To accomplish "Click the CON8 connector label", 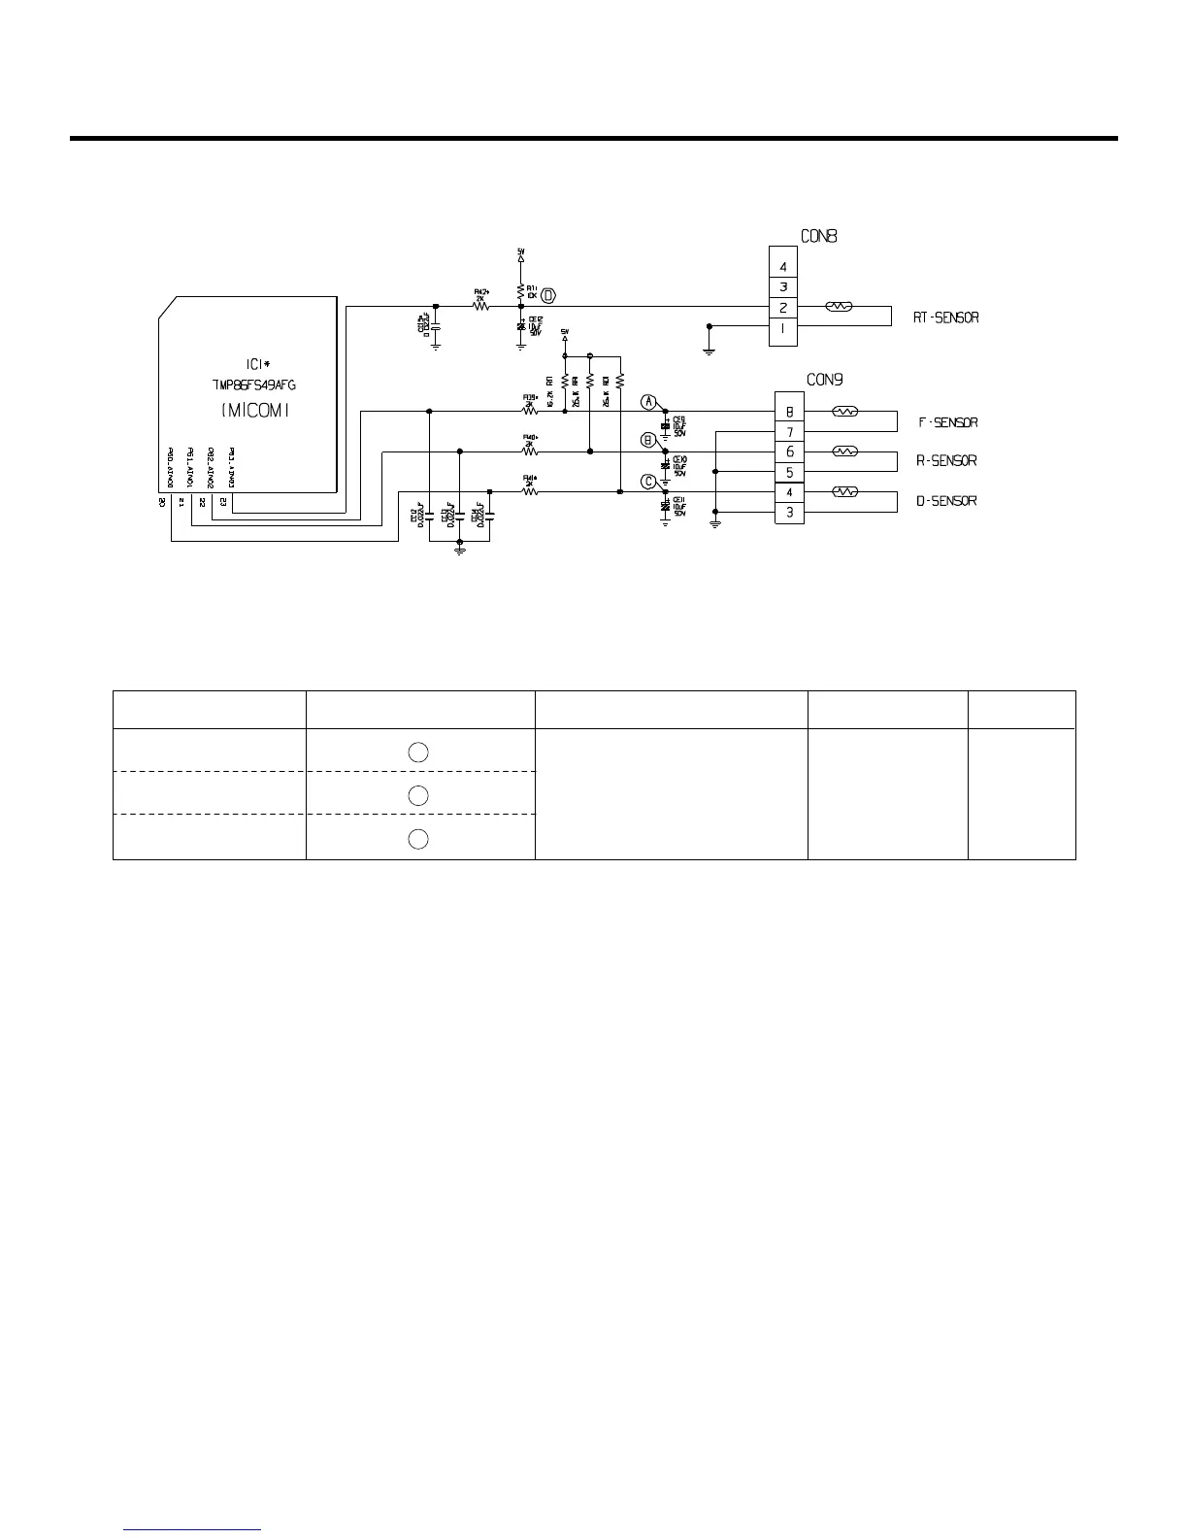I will (818, 235).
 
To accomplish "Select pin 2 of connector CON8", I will (783, 308).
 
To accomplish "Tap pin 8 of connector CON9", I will (789, 412).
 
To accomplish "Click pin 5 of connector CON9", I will (789, 472).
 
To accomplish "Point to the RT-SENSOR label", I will (945, 318).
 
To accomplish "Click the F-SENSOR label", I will (947, 422).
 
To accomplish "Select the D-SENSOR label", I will (946, 501).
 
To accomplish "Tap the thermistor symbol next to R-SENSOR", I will (845, 451).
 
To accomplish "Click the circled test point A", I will (648, 402).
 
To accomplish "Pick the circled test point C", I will (648, 481).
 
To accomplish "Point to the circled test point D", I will (548, 294).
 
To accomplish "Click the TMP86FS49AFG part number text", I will (254, 384).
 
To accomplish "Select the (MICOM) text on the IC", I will (255, 411).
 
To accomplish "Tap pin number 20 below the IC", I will (162, 502).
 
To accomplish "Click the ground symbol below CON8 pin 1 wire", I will (709, 350).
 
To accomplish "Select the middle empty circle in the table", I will (418, 795).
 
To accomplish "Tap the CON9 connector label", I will (824, 379).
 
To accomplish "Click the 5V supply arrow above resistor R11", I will (521, 258).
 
